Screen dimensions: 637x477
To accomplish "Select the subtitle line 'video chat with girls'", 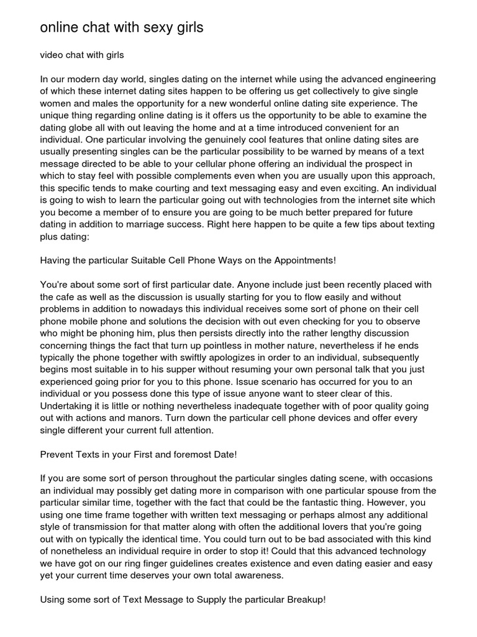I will [82, 55].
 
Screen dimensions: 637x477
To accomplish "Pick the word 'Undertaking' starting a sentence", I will [65, 406].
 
